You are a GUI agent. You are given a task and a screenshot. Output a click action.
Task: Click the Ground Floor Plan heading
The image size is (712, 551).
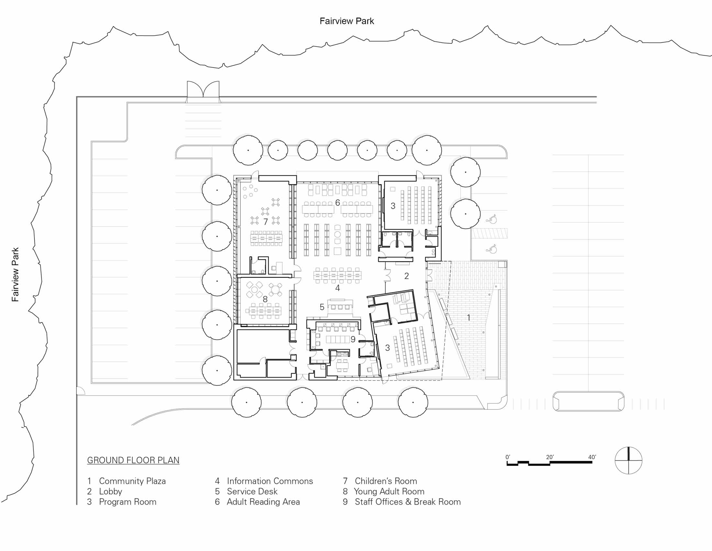coord(133,460)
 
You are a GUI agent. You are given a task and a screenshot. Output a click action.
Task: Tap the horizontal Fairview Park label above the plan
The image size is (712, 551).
coord(347,21)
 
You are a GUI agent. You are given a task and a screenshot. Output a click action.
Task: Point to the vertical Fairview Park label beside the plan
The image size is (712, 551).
coord(15,274)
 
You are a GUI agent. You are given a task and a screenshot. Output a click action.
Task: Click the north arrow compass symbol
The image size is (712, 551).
coord(628,460)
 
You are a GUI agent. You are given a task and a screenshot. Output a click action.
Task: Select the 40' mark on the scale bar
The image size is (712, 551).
coord(592,457)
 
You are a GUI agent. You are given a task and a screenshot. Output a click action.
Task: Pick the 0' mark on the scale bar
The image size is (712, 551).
coord(508,457)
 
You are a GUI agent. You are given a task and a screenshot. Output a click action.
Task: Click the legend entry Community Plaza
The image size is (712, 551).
coord(127,481)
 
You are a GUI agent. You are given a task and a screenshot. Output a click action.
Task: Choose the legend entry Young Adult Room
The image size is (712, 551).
coord(384,492)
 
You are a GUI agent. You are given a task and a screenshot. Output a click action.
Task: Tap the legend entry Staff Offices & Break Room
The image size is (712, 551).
coord(402,502)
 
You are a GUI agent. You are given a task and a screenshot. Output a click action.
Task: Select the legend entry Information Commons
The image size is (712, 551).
coord(264,481)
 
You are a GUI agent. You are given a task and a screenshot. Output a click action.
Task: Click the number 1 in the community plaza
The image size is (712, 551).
coord(469,317)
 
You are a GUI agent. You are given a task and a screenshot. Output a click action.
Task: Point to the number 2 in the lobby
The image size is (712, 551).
coord(406,276)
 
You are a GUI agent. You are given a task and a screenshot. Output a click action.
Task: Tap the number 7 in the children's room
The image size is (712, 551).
coord(266,222)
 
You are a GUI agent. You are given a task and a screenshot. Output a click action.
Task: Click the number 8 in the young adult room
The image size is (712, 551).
coord(265,299)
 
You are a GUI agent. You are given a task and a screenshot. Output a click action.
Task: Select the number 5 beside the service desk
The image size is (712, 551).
coord(322,307)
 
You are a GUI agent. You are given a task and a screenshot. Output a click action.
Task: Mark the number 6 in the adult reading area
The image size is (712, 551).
coord(338,203)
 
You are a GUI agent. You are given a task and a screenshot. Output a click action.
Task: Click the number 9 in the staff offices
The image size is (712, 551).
coord(353,339)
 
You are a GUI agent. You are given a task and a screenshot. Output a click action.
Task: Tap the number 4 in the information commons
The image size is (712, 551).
coord(338,288)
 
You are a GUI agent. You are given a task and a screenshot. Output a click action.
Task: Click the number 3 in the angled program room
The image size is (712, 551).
coord(387,348)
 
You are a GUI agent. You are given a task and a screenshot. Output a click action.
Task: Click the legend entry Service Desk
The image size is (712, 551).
coord(246,492)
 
